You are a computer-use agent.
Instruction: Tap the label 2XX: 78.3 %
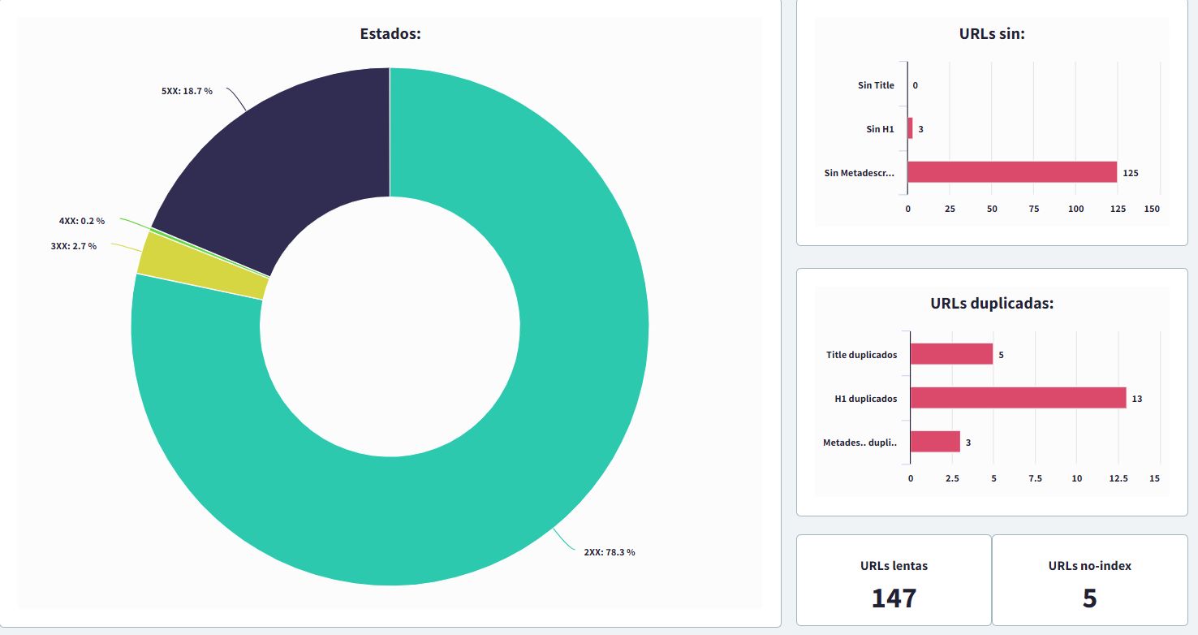click(x=610, y=552)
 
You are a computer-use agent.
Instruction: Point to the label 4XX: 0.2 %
click(x=82, y=221)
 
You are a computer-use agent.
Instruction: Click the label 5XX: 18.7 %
click(x=187, y=91)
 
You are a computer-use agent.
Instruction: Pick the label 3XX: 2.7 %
click(x=74, y=246)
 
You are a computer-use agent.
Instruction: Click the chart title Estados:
click(x=390, y=34)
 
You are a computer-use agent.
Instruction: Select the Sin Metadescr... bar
click(x=1012, y=172)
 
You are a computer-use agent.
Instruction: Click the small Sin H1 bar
click(x=910, y=128)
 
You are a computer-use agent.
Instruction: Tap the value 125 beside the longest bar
click(x=1131, y=173)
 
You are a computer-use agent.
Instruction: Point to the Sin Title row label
click(x=876, y=85)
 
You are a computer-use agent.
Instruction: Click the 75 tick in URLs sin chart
click(x=1034, y=209)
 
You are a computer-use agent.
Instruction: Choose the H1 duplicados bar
click(x=1018, y=398)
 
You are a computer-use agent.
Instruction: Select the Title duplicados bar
click(x=951, y=354)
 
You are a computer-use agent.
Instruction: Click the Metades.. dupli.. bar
click(x=935, y=442)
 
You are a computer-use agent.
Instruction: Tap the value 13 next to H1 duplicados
click(x=1137, y=399)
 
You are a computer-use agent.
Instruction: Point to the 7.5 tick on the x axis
click(x=1035, y=478)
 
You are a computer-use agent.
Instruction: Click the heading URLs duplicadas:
click(x=992, y=304)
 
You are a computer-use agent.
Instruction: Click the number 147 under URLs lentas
click(x=894, y=598)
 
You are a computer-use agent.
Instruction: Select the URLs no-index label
click(x=1089, y=565)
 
